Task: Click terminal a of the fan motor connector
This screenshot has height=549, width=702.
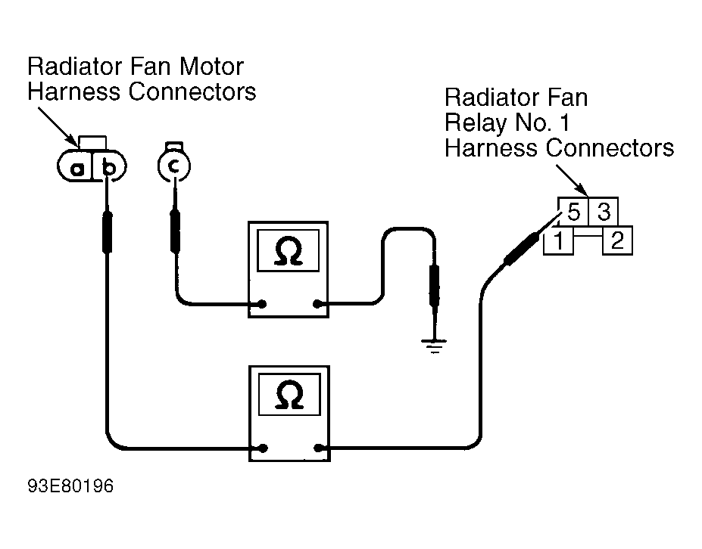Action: (x=77, y=168)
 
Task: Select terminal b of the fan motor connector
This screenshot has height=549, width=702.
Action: (x=109, y=168)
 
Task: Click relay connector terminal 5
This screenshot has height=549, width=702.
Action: (x=573, y=213)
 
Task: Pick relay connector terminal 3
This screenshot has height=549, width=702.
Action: (x=604, y=213)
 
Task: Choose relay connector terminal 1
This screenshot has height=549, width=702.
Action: (x=558, y=242)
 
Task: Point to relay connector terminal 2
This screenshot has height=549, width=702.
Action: (x=617, y=242)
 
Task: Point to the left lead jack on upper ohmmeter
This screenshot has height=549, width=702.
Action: (x=261, y=305)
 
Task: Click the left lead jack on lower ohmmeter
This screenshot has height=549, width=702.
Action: (x=261, y=448)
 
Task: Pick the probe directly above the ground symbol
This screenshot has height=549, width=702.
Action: (x=435, y=286)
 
